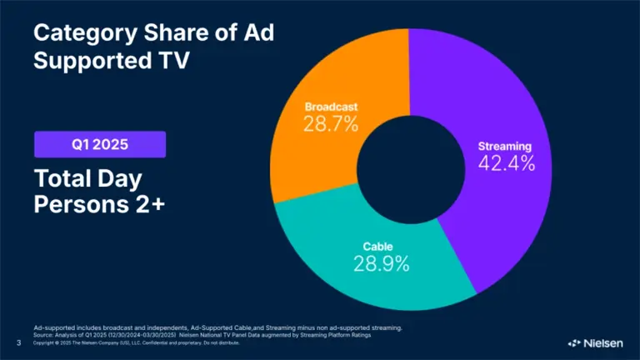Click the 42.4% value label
coord(506,163)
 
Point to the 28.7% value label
coord(330,125)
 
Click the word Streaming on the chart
coord(505,147)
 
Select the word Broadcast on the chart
coord(331,107)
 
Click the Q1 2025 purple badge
coord(99,145)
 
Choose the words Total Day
coord(87,178)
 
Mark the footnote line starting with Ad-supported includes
coord(217,328)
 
